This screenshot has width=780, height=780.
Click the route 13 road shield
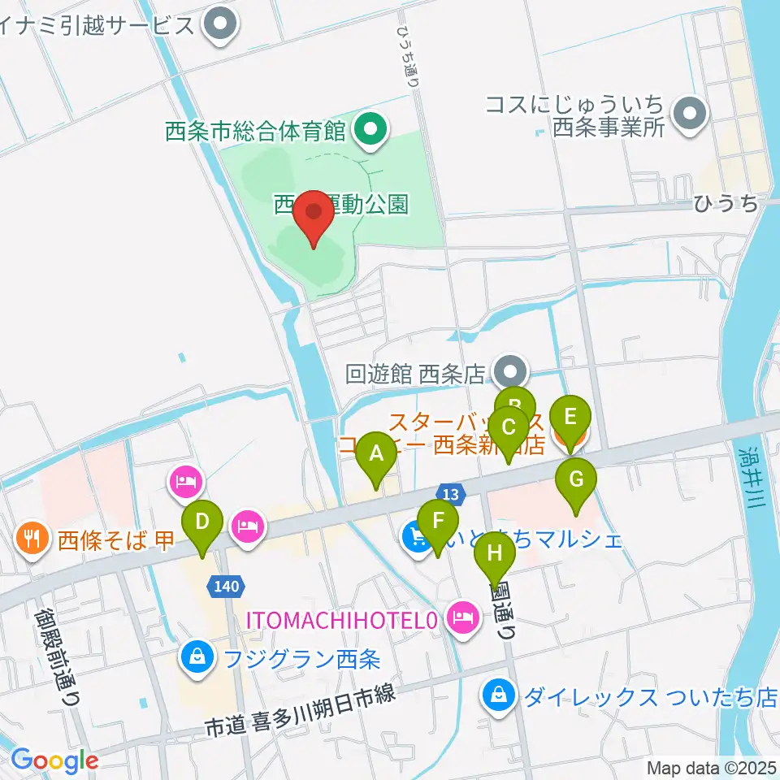pos(451,492)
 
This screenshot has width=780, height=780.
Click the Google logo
pos(54,760)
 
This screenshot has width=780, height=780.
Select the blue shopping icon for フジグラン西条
pos(197,655)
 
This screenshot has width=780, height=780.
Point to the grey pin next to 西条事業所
pos(691,114)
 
